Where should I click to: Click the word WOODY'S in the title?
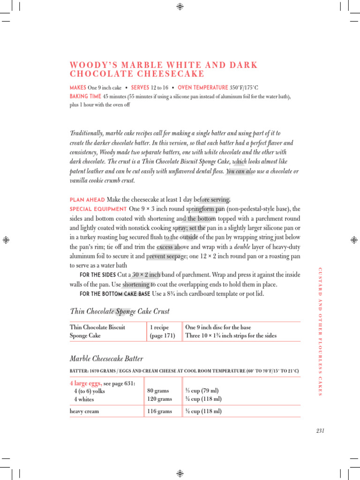(89, 65)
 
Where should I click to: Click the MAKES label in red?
(77, 88)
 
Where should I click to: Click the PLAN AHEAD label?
(87, 200)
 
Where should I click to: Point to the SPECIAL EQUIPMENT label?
(98, 209)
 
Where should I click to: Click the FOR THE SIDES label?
(98, 275)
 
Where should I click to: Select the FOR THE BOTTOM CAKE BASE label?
(115, 294)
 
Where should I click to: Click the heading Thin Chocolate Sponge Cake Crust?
(120, 311)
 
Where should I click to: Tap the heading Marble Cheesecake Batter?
(106, 359)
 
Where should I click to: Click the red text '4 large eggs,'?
(86, 383)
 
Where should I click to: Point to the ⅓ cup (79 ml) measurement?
(202, 391)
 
